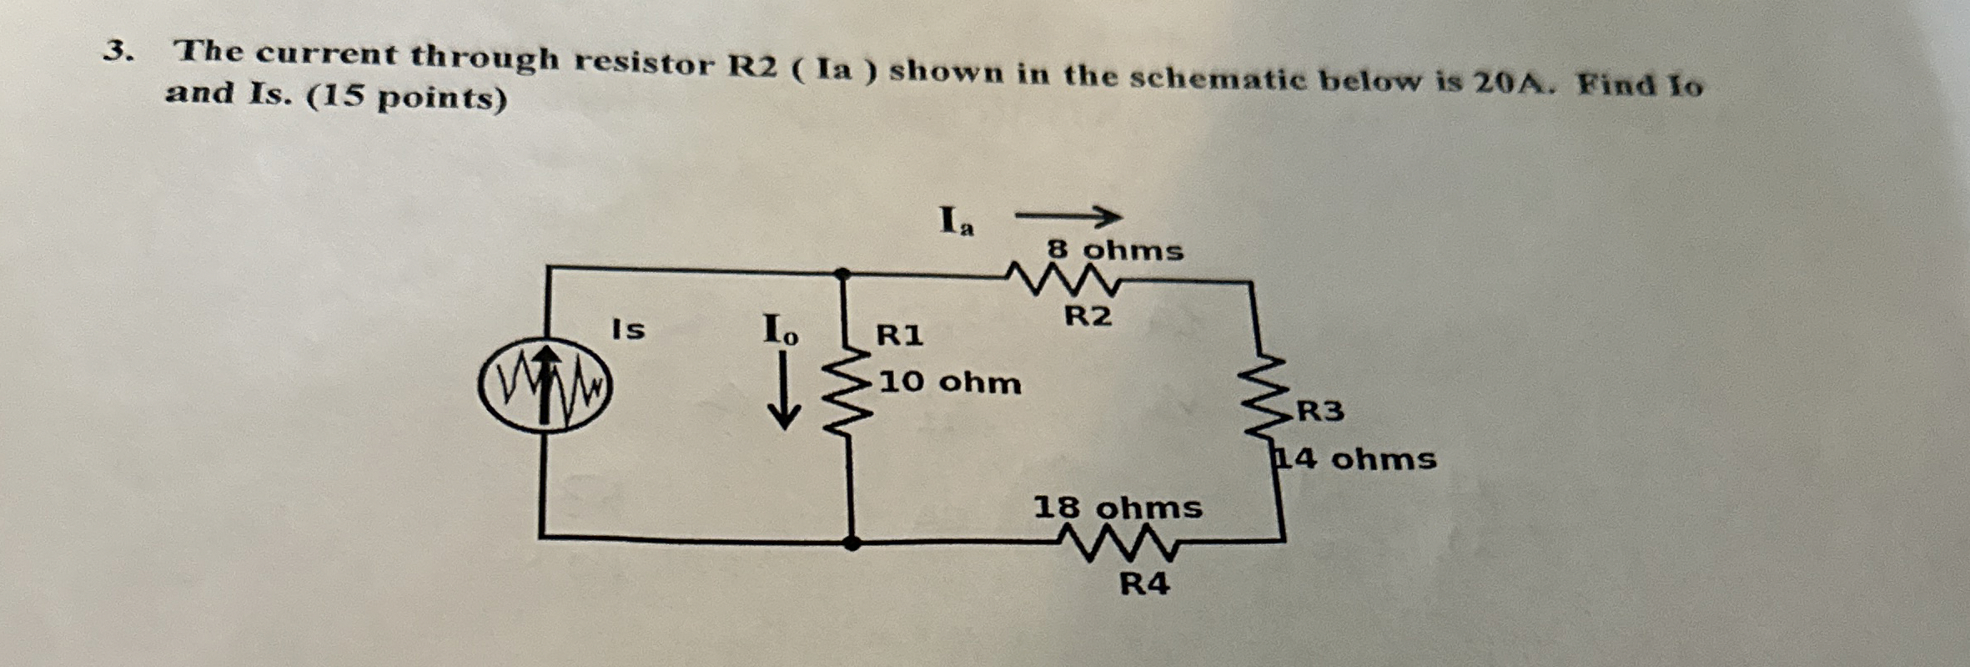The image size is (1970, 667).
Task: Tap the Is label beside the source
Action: (x=628, y=330)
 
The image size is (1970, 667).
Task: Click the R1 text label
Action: (x=899, y=336)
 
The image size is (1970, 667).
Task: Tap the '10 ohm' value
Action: (x=950, y=382)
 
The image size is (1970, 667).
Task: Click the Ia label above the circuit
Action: (x=956, y=222)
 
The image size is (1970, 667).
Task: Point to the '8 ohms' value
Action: (x=1115, y=250)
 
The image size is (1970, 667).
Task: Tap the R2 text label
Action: (x=1088, y=316)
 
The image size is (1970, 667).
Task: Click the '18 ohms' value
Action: (x=1118, y=508)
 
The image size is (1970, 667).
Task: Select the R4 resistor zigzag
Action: (x=1118, y=543)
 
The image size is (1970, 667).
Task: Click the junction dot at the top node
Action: (x=843, y=273)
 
